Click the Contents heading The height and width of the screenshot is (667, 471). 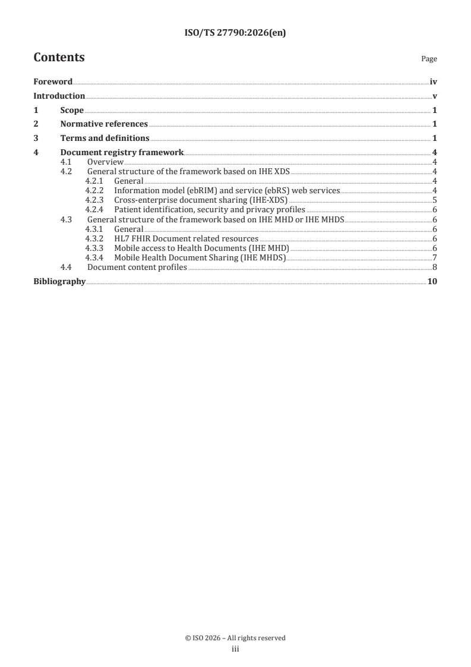[x=59, y=58]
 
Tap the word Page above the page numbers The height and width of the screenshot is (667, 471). [x=429, y=59]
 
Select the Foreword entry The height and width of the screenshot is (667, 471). [x=53, y=81]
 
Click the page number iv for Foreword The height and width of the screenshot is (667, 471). [x=434, y=81]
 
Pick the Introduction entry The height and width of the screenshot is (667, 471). [x=59, y=96]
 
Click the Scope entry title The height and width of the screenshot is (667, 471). [x=72, y=110]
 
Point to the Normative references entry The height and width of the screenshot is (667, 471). [x=104, y=124]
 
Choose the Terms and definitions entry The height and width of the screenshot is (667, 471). [x=105, y=139]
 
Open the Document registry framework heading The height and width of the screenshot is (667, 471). [x=122, y=153]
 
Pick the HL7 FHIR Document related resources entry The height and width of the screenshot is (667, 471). [x=186, y=238]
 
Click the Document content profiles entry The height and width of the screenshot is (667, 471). [x=137, y=267]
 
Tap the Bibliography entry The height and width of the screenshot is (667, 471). [x=59, y=281]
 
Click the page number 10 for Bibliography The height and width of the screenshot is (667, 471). [x=432, y=281]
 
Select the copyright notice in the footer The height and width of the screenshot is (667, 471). [x=235, y=638]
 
